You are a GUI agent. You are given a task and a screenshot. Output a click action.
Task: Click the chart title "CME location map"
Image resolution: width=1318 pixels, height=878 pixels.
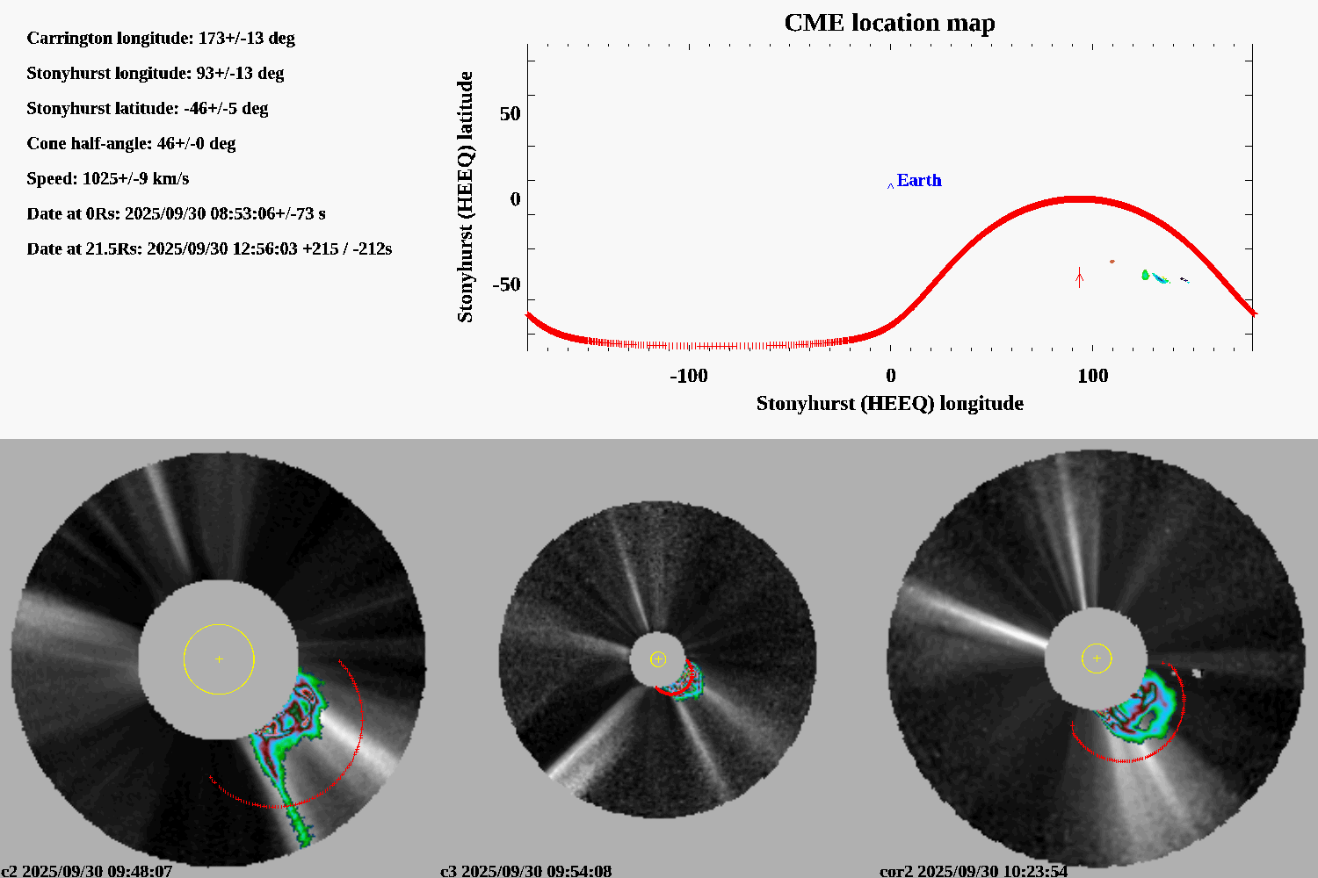[889, 23]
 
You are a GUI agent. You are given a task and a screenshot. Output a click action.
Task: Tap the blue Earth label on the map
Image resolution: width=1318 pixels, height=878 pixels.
[918, 180]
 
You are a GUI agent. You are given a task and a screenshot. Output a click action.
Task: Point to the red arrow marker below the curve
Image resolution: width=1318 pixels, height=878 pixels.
[1080, 277]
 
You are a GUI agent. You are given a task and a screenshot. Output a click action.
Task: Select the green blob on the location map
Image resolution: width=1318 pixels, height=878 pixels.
[1145, 275]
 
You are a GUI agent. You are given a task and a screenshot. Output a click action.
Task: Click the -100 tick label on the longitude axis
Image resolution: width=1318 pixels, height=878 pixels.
[688, 376]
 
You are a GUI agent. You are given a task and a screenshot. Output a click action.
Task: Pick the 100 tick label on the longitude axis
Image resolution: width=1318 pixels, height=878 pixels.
[1092, 376]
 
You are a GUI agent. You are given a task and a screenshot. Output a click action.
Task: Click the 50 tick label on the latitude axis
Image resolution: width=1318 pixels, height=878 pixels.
[510, 114]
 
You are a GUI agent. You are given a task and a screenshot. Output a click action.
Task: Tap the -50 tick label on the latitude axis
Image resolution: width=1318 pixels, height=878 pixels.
[506, 284]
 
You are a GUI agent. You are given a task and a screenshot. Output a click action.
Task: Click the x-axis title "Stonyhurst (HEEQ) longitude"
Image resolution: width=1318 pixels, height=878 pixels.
[889, 403]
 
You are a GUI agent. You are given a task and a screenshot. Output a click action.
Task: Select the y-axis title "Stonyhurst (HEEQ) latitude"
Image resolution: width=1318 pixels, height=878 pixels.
[465, 197]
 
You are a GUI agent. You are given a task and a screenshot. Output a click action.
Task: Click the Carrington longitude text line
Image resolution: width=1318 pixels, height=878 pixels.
[161, 38]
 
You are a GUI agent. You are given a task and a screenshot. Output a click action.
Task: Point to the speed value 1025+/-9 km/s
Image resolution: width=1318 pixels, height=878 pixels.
[135, 178]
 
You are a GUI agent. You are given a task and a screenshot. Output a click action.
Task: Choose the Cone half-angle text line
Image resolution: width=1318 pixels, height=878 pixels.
[131, 143]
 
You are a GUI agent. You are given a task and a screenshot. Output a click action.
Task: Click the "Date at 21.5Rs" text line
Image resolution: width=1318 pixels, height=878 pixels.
[209, 248]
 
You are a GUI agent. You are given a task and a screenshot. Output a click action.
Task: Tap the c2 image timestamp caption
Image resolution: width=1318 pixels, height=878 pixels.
[87, 871]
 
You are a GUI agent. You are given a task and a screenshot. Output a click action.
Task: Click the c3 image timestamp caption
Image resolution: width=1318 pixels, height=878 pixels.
[525, 871]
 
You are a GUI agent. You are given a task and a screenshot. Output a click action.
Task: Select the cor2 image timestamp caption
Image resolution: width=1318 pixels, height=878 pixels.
[974, 871]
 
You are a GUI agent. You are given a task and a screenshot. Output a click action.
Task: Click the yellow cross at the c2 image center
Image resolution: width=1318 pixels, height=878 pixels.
[219, 658]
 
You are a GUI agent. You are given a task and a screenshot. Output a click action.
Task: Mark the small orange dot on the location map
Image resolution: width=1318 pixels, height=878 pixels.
[1112, 261]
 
